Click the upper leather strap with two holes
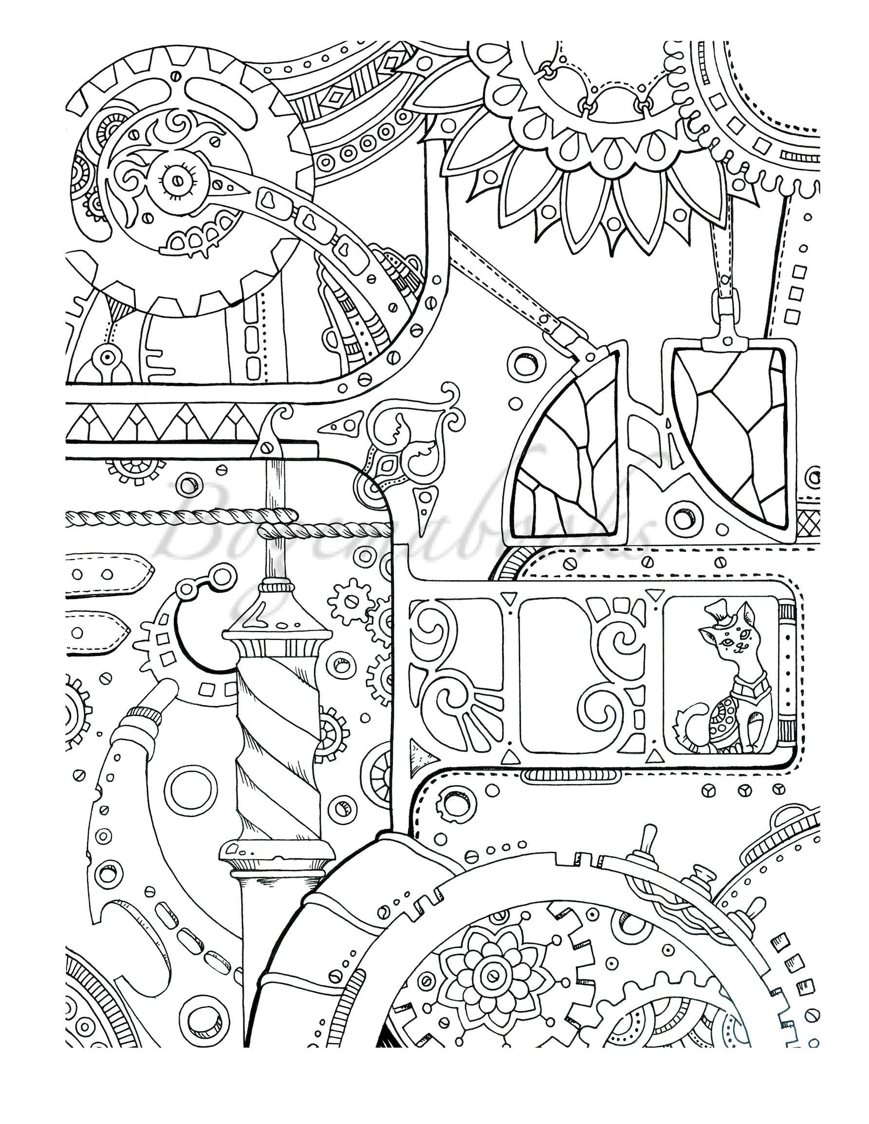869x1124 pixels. (x=108, y=575)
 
